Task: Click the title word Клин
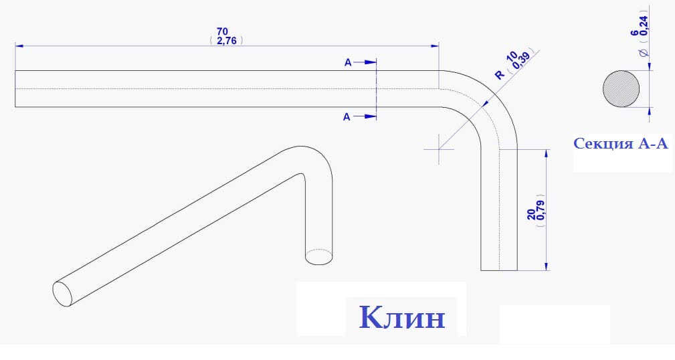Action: [x=402, y=318]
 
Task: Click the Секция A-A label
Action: [x=621, y=143]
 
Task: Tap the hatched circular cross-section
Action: [x=621, y=89]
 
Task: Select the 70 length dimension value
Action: [x=222, y=31]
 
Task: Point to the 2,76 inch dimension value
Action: [x=226, y=41]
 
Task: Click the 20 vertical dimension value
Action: [x=532, y=214]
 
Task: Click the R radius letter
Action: [x=499, y=75]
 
